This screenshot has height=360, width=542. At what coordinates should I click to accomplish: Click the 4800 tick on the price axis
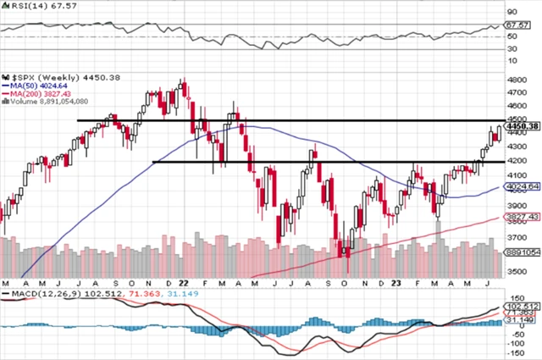[x=516, y=80]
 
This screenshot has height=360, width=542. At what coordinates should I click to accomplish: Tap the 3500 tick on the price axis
[x=516, y=271]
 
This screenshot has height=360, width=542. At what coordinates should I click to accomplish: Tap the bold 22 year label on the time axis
[x=182, y=282]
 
